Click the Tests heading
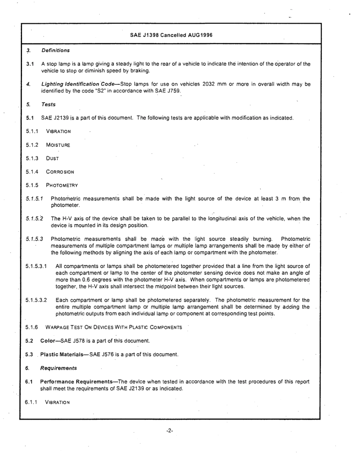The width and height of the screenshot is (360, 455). pyautogui.click(x=49, y=104)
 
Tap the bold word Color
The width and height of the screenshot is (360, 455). pyautogui.click(x=48, y=341)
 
